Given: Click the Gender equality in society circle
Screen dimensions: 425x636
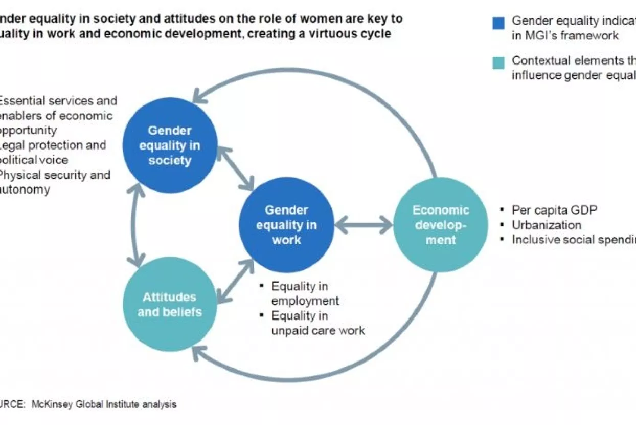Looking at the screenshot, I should point(170,145).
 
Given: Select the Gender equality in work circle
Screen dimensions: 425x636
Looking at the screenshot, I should point(286,225).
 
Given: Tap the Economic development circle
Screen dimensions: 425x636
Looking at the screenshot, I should point(441,225).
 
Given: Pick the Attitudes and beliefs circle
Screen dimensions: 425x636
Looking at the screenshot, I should point(170,304).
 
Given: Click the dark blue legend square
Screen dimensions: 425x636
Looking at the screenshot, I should point(498,23).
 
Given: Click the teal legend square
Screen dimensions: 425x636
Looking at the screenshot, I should point(498,62).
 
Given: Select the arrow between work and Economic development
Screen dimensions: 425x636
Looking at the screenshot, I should point(364,224).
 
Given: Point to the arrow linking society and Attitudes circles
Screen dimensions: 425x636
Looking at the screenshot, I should point(135,225).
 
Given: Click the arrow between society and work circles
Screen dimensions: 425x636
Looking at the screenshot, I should point(236,167).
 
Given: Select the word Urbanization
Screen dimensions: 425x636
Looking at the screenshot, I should point(547,225).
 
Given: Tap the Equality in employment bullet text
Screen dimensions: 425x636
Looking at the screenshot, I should point(305,293).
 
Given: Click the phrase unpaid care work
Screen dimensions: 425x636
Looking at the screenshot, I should point(318,330).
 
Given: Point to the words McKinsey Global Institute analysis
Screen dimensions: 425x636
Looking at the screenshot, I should point(104,404).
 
